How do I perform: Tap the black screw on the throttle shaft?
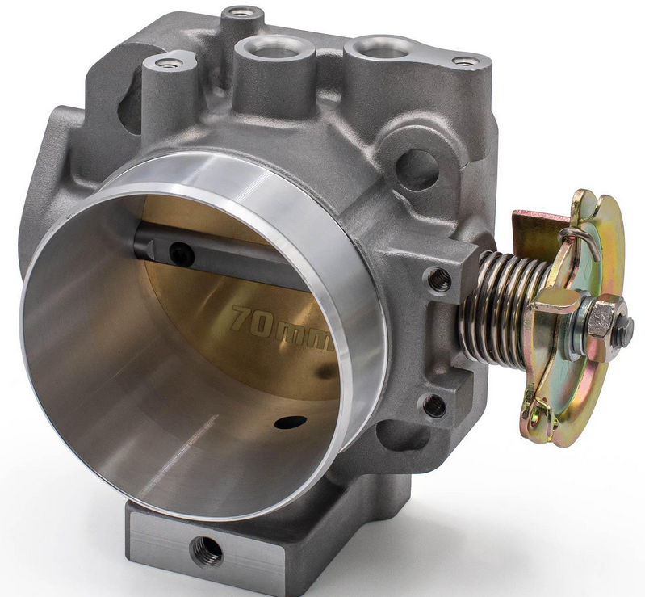pos(181,251)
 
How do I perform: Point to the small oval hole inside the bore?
pos(291,422)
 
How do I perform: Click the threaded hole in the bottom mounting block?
pos(207,549)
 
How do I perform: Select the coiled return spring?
pos(506,308)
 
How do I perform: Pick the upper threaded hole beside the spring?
pos(439,280)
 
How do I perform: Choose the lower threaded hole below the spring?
pos(435,406)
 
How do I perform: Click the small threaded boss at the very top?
pos(241,13)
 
